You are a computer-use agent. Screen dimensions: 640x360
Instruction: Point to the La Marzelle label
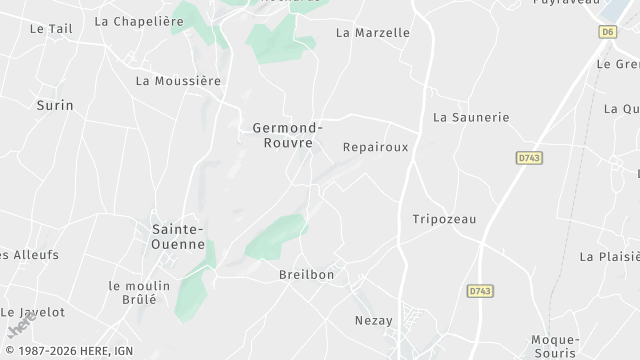click(x=373, y=32)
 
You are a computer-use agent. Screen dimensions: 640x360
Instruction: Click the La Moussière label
click(x=178, y=80)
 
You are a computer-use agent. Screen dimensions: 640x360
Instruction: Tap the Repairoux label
click(x=375, y=146)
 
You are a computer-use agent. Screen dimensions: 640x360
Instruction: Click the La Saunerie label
click(x=471, y=117)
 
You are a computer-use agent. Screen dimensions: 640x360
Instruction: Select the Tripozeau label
click(x=444, y=219)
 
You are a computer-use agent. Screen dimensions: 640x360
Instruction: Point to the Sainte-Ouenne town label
click(x=178, y=236)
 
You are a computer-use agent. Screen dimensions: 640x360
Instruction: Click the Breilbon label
click(x=306, y=274)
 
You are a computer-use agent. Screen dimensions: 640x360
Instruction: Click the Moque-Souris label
click(x=553, y=346)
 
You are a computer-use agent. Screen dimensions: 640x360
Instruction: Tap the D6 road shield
click(x=607, y=32)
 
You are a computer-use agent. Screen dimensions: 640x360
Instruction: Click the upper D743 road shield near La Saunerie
click(x=530, y=158)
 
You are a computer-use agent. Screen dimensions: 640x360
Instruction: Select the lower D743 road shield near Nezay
click(x=480, y=291)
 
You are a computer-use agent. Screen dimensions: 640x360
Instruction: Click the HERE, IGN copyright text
click(x=68, y=350)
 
